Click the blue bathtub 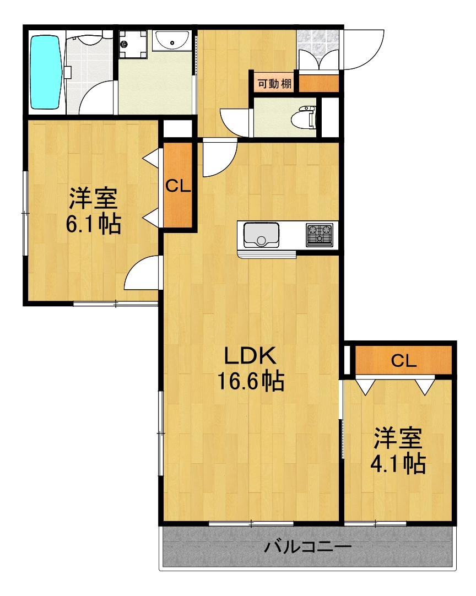pos(44,72)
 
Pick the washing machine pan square pos(133,43)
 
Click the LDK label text pos(249,357)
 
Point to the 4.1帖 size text pos(398,464)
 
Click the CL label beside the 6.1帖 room pos(178,186)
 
